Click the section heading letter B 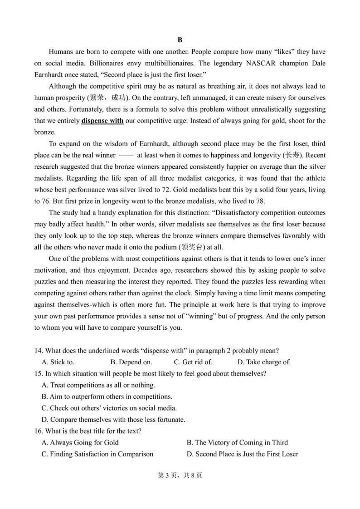[180, 40]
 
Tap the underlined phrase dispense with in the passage [102, 121]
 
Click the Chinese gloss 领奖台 [193, 247]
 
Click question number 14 [38, 351]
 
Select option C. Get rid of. [193, 362]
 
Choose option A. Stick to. [58, 362]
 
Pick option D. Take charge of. [264, 362]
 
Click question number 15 [38, 373]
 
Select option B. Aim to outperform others [107, 396]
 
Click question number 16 [38, 431]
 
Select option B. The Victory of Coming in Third [237, 442]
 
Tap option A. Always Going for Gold [80, 442]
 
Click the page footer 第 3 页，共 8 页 [180, 475]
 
